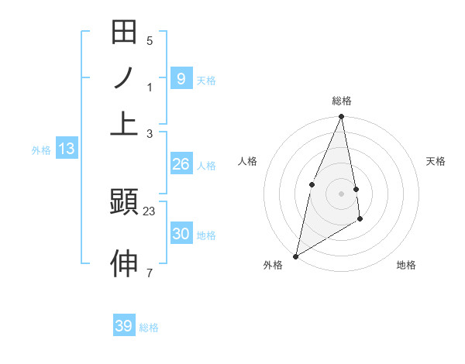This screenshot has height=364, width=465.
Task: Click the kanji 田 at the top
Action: coord(124,33)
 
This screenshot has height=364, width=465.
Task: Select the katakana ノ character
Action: coord(124,78)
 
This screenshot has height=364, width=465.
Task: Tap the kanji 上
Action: coord(124,122)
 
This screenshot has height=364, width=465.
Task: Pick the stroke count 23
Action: coord(150,210)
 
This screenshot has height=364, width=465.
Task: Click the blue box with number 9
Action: coord(181,78)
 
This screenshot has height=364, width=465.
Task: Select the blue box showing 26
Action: coord(181,164)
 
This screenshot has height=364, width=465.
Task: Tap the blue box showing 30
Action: coord(181,234)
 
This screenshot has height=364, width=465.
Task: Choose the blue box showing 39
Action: coord(124,326)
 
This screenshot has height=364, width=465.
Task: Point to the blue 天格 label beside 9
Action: coord(206,80)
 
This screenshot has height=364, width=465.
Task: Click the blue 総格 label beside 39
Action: coord(150,328)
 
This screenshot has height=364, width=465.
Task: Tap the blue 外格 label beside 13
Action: coord(41,150)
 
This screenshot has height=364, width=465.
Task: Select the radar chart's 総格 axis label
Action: coord(342,101)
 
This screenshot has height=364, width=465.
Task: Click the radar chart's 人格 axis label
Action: coord(248,161)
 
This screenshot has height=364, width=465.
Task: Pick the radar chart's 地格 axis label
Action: coord(406,266)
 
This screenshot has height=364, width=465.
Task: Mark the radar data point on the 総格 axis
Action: coord(342,117)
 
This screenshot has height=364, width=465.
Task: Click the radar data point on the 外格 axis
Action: coord(296,256)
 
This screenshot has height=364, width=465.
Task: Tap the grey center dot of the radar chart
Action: coord(342,193)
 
